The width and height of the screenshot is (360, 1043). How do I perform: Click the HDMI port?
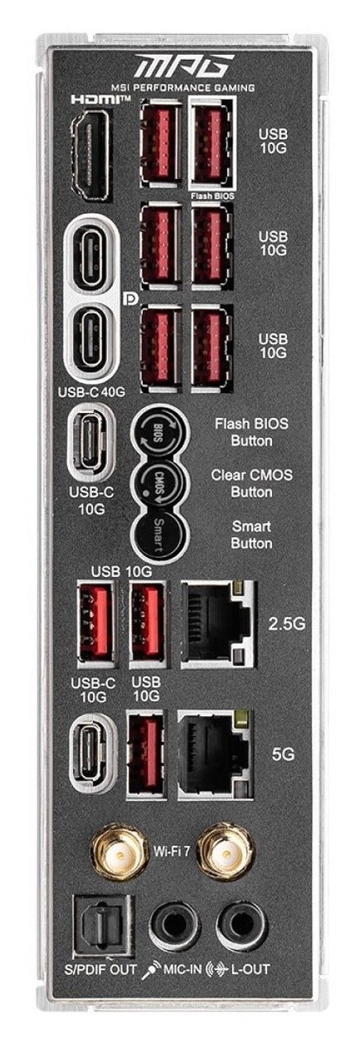(90, 154)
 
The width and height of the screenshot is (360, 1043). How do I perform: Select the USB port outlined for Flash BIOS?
(211, 143)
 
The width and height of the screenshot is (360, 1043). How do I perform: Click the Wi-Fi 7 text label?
(172, 852)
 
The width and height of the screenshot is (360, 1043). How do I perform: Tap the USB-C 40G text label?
(91, 392)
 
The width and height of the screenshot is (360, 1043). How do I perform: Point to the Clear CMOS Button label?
(251, 483)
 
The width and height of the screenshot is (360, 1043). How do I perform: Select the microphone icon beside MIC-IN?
(151, 969)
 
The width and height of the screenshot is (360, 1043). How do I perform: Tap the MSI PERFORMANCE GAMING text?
(183, 87)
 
